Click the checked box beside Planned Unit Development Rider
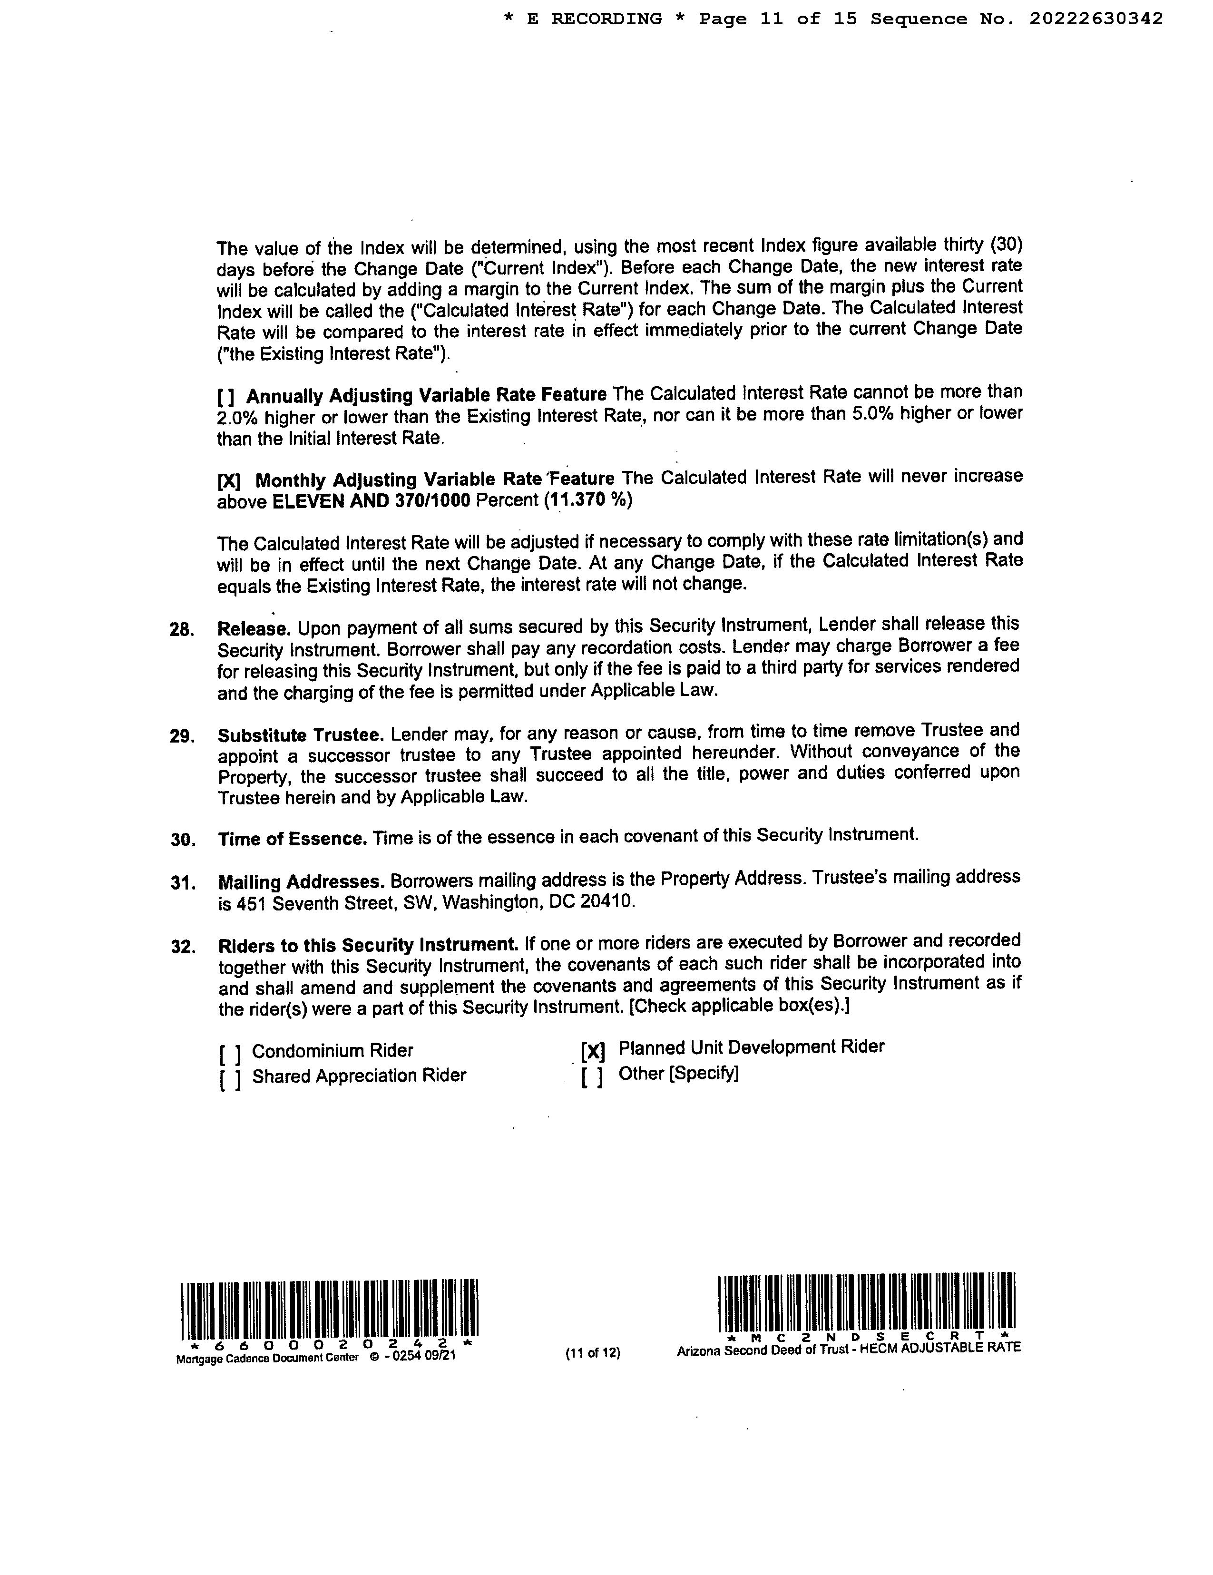click(592, 1051)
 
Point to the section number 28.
click(182, 629)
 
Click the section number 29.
click(182, 736)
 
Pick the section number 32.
click(183, 946)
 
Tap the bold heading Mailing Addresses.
click(301, 882)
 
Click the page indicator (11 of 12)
click(593, 1353)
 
